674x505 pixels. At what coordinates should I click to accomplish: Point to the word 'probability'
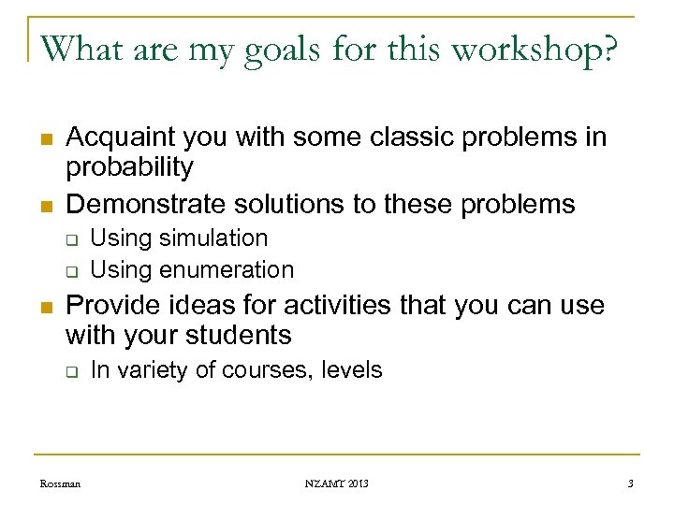point(129,168)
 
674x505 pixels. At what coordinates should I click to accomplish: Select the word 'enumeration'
point(227,269)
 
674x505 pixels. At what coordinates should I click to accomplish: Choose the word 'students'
point(242,335)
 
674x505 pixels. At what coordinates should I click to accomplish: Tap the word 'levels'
point(351,370)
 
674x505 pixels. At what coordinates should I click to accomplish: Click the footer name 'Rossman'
point(60,483)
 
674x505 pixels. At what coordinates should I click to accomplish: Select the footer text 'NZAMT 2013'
point(337,483)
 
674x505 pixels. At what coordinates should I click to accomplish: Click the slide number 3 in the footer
point(631,483)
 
